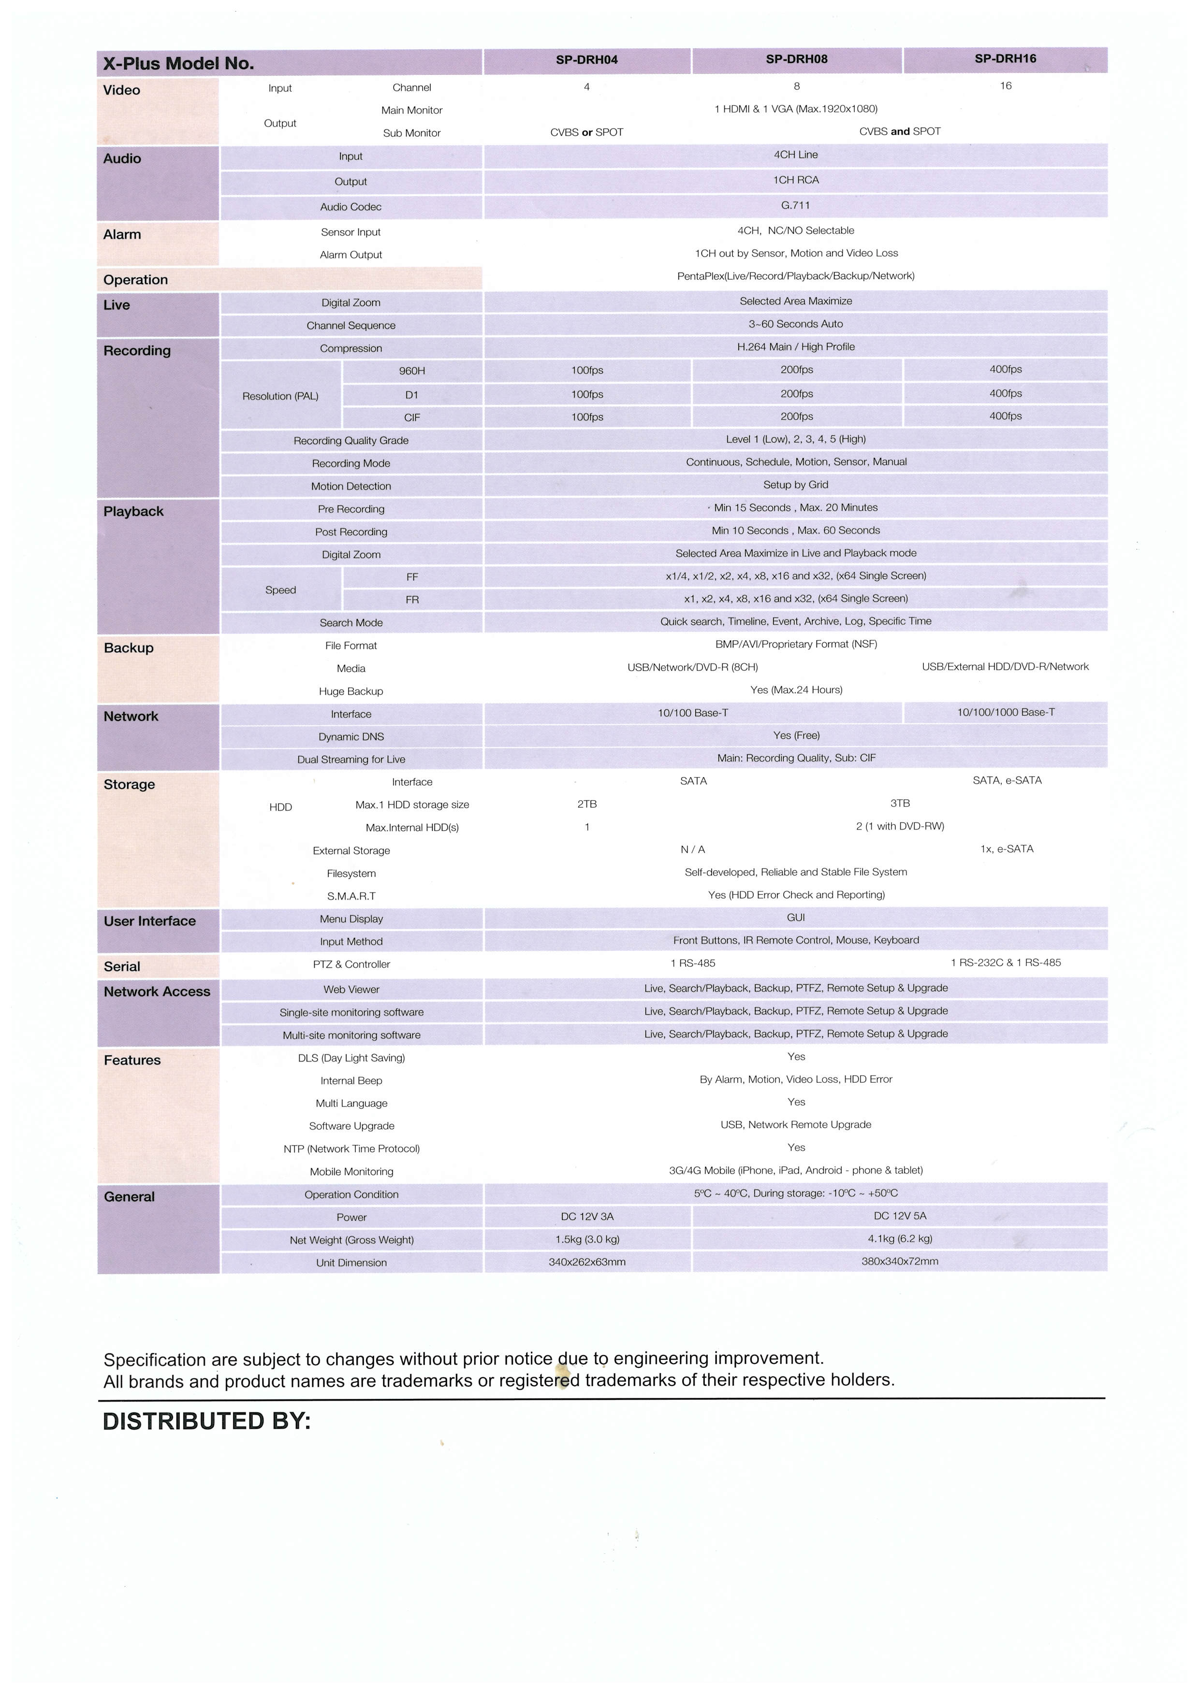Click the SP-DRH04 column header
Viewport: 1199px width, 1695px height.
coord(586,60)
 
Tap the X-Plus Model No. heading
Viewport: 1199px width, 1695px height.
coord(179,63)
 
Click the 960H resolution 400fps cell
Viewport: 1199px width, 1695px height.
coord(1006,369)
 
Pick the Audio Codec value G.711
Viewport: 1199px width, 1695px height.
coord(796,205)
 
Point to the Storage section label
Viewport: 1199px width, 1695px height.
coord(129,784)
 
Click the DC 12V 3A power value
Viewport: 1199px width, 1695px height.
coord(586,1216)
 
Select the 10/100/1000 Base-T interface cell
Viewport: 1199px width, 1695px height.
coord(1006,712)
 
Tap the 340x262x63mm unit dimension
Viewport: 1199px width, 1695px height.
coord(586,1262)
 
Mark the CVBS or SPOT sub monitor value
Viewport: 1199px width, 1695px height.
coord(586,132)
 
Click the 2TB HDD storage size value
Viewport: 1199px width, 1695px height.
coord(586,804)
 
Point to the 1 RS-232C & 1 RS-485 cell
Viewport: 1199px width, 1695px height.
coord(1006,962)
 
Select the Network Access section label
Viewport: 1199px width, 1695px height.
coord(157,991)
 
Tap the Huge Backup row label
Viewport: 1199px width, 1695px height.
coord(351,691)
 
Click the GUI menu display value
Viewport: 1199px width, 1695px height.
coord(796,917)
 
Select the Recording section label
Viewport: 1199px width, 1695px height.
coord(137,351)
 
